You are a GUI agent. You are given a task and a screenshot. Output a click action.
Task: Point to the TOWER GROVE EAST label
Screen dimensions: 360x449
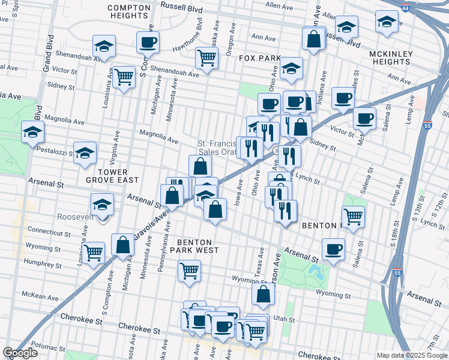(x=118, y=176)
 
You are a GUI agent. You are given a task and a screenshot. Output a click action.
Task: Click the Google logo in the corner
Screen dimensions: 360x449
(x=20, y=353)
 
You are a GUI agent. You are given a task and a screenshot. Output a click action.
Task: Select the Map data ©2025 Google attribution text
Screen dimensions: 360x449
(x=412, y=355)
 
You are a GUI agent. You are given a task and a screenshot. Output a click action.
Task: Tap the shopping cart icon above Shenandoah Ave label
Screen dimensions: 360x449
(x=206, y=58)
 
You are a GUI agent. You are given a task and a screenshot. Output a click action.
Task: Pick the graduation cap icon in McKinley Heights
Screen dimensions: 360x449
(x=387, y=22)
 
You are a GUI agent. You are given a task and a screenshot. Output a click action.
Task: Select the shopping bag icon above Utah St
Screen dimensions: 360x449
(x=263, y=294)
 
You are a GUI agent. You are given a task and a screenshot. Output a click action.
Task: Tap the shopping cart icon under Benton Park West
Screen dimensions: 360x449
(x=189, y=271)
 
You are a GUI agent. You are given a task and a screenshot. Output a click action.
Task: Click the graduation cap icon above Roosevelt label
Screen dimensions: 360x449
(x=103, y=204)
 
